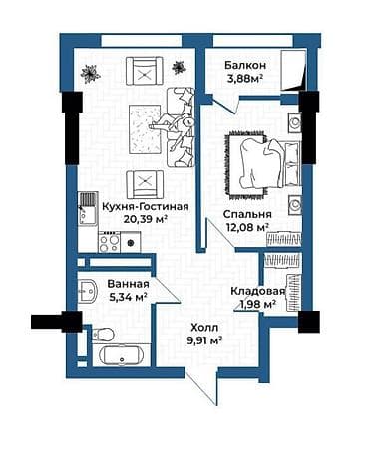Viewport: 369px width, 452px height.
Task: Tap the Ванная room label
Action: pos(128,282)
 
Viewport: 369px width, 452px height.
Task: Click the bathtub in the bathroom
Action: pos(117,355)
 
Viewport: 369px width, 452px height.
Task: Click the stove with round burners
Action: pos(112,241)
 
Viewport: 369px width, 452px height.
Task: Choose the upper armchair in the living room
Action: pos(145,72)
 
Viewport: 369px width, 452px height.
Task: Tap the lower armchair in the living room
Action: pos(145,182)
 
